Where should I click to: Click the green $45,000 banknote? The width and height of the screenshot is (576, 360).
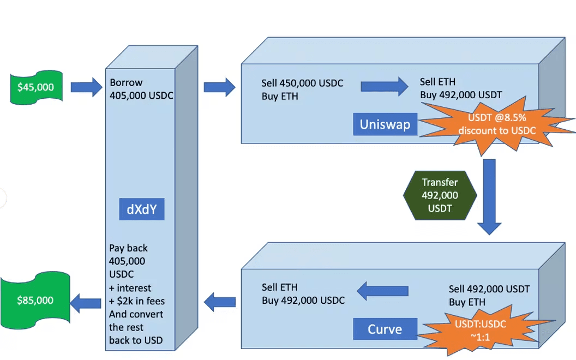[36, 87]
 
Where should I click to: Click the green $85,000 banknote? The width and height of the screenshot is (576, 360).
[35, 299]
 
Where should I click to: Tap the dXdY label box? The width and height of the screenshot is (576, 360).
[142, 209]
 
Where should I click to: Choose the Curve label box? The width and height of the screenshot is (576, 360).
[385, 329]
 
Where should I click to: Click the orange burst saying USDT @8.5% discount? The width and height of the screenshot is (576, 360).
[496, 124]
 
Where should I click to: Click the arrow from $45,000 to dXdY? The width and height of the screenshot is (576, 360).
[86, 86]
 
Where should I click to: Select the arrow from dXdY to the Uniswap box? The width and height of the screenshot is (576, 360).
[219, 86]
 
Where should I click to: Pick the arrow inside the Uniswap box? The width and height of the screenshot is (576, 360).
[384, 86]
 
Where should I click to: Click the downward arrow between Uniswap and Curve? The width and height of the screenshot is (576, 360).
[489, 196]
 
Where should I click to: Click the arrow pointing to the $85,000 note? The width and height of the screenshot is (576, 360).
[86, 301]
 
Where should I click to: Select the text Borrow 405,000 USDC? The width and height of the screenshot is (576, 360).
[141, 89]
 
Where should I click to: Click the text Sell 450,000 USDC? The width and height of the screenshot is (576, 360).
[302, 83]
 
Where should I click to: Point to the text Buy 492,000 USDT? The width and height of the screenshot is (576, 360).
[461, 94]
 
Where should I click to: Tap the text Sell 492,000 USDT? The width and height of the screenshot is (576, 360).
[489, 289]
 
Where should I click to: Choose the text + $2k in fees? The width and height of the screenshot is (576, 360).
[137, 301]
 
